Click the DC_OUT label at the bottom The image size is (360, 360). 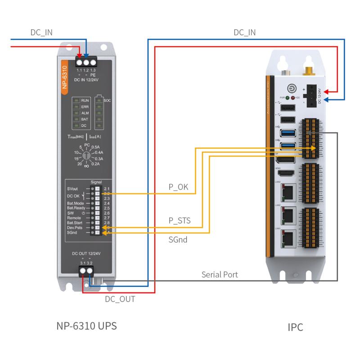120,298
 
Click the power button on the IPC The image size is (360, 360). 291,89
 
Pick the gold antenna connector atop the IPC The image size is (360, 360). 309,70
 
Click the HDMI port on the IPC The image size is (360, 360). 285,173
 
